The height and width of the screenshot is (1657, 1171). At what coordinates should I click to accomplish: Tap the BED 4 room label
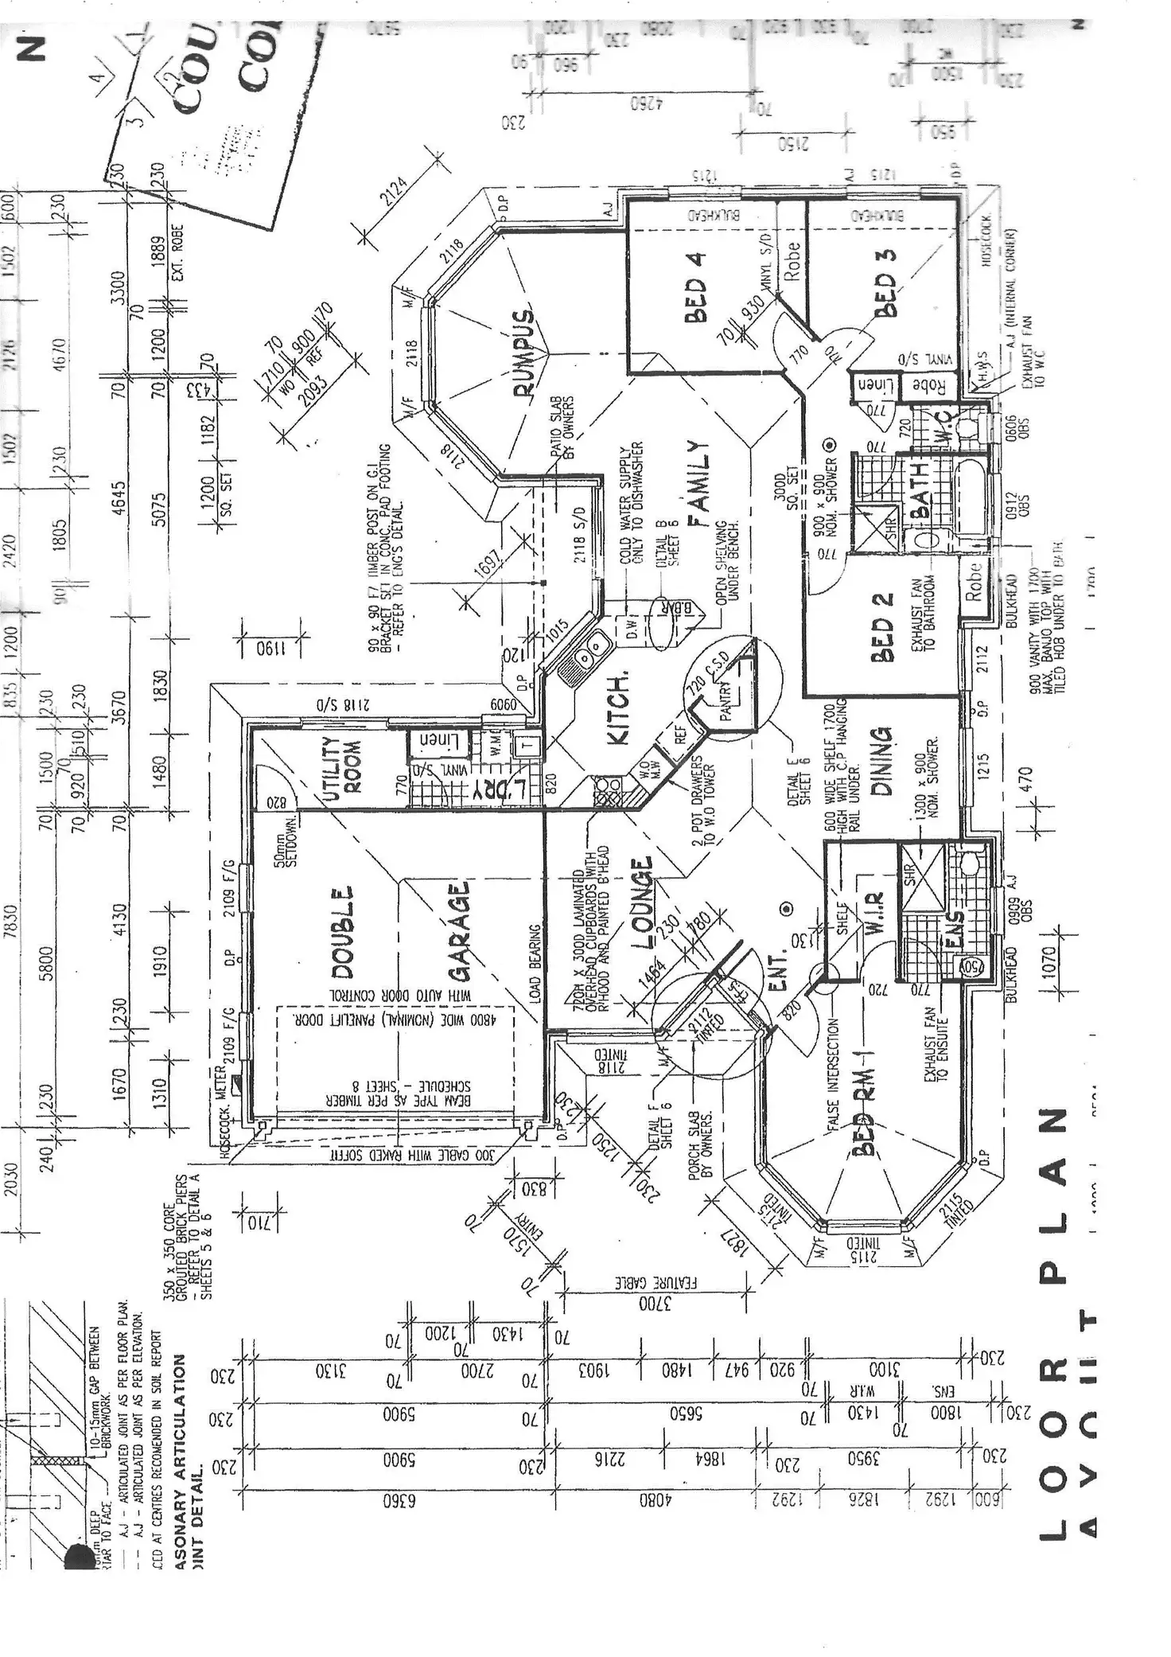[695, 299]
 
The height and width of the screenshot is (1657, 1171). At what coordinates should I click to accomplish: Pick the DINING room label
[884, 761]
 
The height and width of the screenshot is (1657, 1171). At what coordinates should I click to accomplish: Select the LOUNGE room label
[643, 903]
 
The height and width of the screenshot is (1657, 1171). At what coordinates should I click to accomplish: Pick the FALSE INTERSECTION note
[833, 1074]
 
